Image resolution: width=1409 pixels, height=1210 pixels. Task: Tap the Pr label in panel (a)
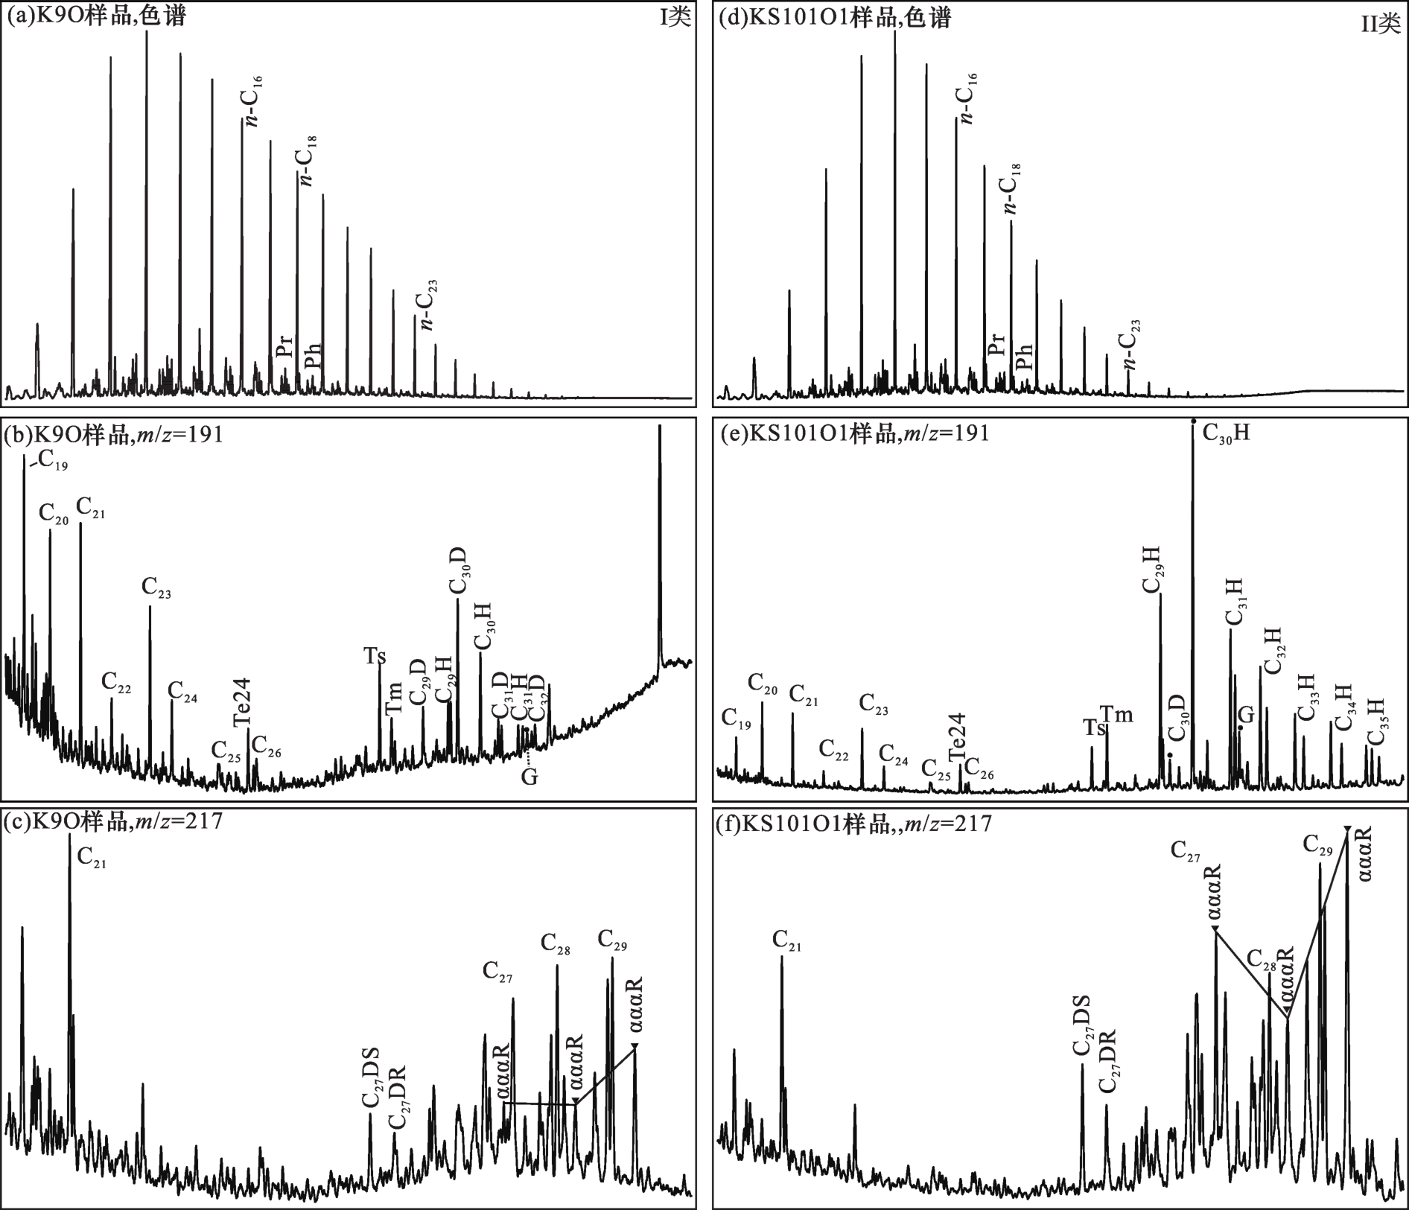pos(284,348)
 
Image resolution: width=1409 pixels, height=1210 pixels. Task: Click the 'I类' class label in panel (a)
pos(675,19)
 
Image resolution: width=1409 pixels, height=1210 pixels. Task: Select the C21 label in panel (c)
pos(92,858)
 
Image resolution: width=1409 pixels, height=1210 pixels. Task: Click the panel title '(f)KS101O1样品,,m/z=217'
pos(853,824)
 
